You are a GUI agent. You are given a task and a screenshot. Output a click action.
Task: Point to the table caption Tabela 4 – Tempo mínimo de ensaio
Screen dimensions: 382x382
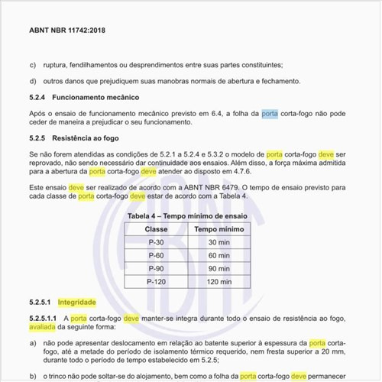point(187,216)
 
